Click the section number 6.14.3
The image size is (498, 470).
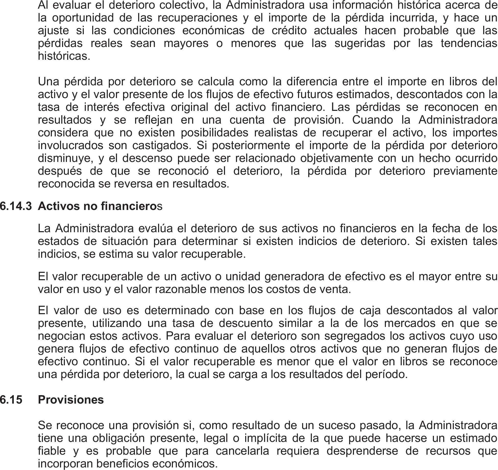pos(16,206)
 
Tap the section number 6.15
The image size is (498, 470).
pos(11,399)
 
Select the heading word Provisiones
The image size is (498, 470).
pos(71,399)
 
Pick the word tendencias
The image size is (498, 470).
pos(469,43)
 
